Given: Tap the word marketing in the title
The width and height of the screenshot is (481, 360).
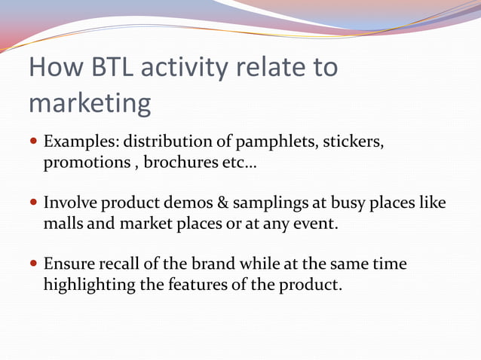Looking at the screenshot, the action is click(90, 104).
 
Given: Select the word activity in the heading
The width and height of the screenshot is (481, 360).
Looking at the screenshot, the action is click(185, 69).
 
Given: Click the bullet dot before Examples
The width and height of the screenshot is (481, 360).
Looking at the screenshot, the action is click(34, 141).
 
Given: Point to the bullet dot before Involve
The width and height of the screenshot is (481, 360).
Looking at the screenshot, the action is click(34, 202).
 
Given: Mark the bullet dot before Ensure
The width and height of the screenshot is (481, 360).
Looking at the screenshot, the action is click(34, 263).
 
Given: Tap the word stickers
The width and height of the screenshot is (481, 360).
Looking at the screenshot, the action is click(353, 142).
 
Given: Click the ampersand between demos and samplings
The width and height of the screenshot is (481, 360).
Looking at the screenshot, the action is click(223, 203).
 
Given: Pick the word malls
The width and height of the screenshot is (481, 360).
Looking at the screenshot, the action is click(63, 223).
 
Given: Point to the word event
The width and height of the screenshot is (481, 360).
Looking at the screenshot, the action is click(316, 224).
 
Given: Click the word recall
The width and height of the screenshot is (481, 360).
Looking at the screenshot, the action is click(119, 264).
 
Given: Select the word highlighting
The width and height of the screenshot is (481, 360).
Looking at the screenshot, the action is click(90, 285).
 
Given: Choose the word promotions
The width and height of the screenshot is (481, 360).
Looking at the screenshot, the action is click(87, 163).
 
